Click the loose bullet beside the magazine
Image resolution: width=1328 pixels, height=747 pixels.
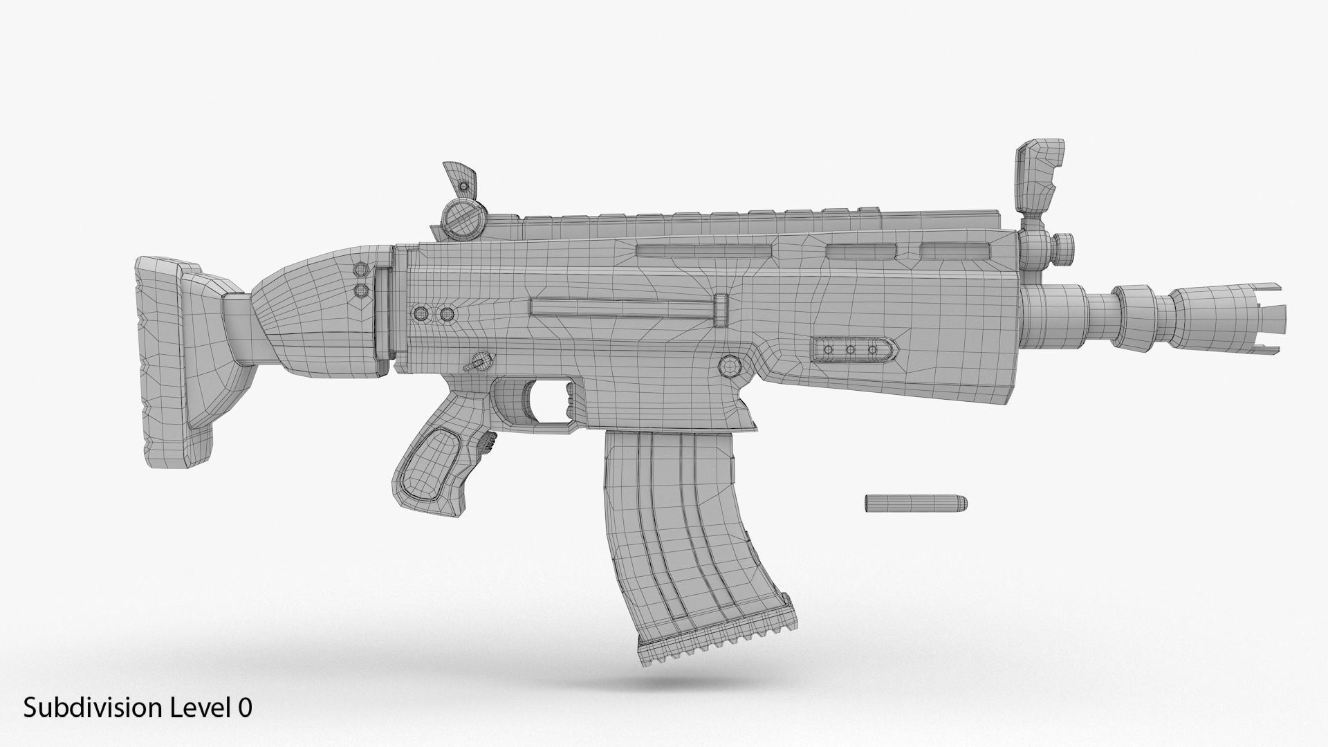click(914, 504)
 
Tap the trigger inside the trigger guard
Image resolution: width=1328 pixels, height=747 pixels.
click(569, 402)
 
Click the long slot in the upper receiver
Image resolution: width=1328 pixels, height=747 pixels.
click(701, 250)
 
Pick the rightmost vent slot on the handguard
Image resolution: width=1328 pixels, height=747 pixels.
click(953, 250)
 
